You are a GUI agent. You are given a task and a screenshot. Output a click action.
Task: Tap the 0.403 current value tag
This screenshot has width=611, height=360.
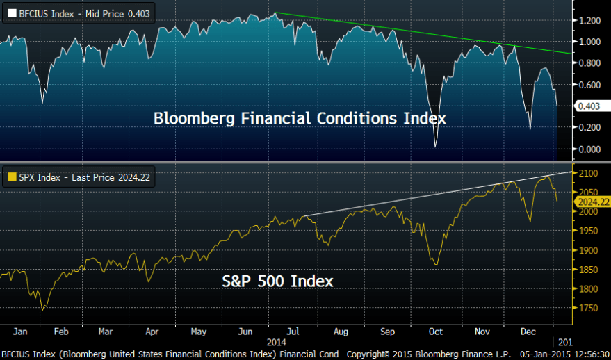[x=587, y=106]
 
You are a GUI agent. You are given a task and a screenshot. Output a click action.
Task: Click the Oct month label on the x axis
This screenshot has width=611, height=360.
[x=437, y=332]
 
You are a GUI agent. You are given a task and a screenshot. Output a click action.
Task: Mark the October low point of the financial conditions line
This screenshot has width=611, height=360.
[x=436, y=146]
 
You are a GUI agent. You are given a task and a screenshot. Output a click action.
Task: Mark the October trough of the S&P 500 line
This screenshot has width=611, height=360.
[x=436, y=264]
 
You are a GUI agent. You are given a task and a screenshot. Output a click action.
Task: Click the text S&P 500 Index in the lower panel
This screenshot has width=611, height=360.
[x=277, y=281]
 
